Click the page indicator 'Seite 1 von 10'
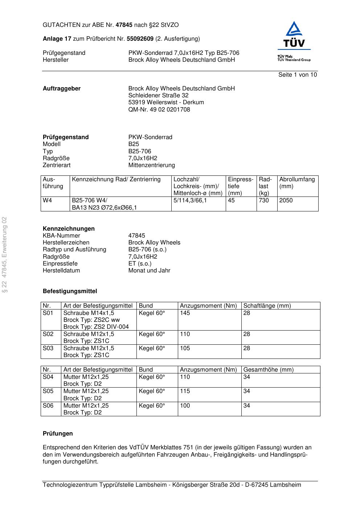[x=297, y=75]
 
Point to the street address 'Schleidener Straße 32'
[x=158, y=96]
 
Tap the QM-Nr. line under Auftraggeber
[x=159, y=110]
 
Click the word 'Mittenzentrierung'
[x=151, y=165]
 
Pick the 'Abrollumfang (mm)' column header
[x=297, y=183]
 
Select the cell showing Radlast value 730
[x=264, y=201]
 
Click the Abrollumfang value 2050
[x=286, y=201]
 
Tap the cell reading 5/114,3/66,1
[x=190, y=201]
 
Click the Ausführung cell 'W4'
[x=48, y=201]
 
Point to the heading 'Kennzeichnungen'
[x=69, y=229]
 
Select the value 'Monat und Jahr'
[x=149, y=271]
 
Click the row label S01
[x=48, y=313]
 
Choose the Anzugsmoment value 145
[x=185, y=313]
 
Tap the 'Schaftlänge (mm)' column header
[x=267, y=306]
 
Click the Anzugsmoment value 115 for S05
[x=185, y=391]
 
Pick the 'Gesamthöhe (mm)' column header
[x=268, y=370]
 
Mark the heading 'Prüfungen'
[x=58, y=434]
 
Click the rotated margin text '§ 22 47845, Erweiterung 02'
[x=5, y=254]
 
